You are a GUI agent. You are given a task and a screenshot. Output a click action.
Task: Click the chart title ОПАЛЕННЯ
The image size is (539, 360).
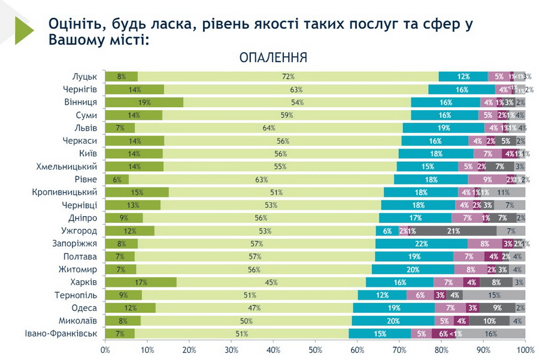point(273,58)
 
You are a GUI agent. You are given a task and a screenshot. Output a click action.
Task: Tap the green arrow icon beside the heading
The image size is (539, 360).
point(24,29)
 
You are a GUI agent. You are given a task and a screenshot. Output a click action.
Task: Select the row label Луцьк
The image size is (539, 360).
point(84,76)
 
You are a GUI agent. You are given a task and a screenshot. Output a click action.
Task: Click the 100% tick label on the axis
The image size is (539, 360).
point(525,349)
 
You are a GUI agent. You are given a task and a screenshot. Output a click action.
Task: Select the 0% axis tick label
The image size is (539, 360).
point(105,349)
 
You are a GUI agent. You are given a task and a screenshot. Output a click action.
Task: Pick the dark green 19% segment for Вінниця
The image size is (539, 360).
point(144,102)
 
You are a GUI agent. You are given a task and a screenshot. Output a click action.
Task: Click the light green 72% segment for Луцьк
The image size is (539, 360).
point(288,76)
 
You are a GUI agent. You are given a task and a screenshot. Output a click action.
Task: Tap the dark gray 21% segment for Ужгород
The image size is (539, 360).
point(453,231)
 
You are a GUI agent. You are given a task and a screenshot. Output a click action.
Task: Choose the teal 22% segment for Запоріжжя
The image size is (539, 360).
point(422,244)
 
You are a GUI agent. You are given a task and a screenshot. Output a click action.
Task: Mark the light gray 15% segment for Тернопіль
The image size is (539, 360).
point(493,295)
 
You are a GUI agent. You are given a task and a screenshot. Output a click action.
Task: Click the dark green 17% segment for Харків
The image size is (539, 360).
point(141,282)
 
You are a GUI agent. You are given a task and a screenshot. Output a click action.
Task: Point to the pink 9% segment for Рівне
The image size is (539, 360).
point(487,179)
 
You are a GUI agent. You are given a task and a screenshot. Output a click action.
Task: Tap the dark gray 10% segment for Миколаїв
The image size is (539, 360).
point(490,320)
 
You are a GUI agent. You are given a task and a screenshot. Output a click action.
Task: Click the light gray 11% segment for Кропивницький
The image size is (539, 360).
point(503,192)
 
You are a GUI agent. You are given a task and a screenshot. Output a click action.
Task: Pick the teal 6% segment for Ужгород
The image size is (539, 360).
point(387,231)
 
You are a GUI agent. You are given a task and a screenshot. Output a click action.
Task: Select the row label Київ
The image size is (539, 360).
point(88,153)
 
